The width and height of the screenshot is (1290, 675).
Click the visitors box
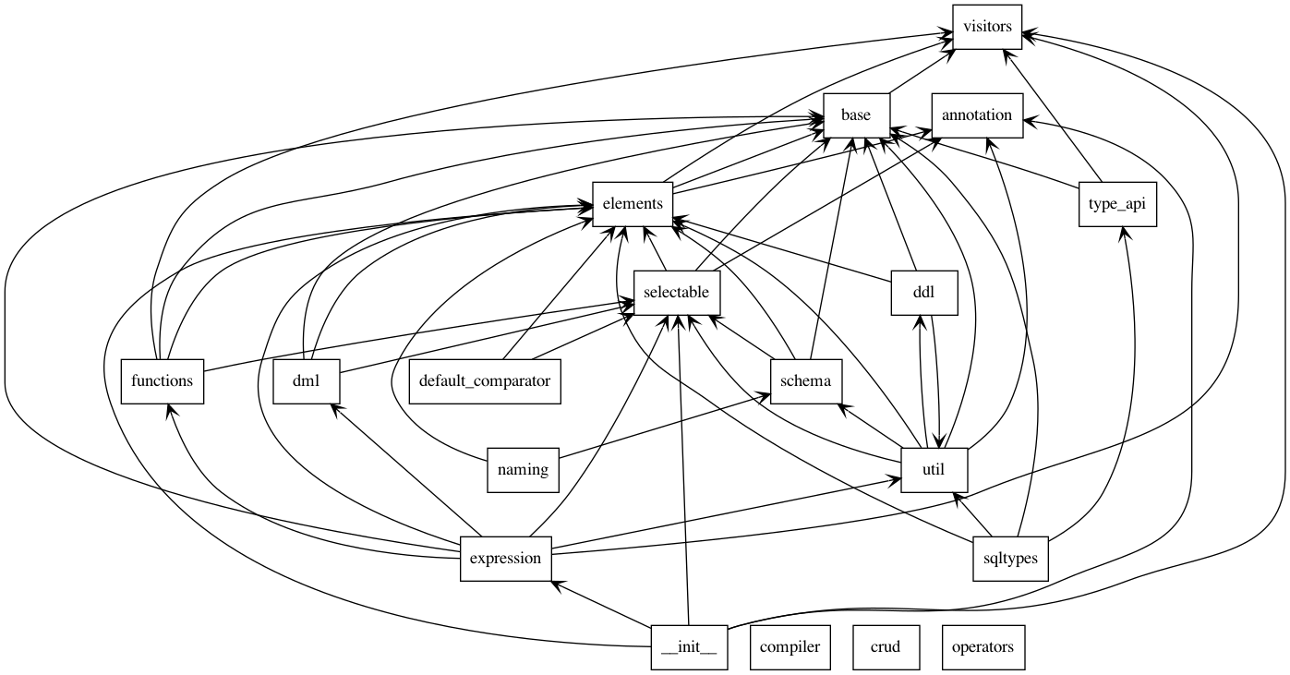(987, 27)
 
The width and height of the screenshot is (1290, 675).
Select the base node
(856, 115)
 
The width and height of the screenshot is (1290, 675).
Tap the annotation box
(977, 115)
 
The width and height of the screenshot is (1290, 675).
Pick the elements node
(633, 204)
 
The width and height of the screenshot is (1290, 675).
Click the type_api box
(1117, 204)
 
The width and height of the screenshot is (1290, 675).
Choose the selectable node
(677, 293)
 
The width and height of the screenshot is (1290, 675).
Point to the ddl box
(924, 293)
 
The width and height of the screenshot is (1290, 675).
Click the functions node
(163, 382)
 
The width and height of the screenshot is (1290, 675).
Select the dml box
(307, 382)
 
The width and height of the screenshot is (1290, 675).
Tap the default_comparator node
(485, 382)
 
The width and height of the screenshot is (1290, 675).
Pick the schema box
(806, 382)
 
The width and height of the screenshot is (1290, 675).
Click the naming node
(523, 471)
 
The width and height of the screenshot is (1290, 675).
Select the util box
(934, 471)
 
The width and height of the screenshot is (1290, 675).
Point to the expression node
(506, 560)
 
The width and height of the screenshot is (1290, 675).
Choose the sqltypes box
(1011, 560)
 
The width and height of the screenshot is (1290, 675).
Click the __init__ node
(690, 648)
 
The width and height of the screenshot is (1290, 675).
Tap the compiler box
(790, 648)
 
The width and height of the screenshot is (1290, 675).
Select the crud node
(886, 648)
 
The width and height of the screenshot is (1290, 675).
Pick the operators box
(983, 648)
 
